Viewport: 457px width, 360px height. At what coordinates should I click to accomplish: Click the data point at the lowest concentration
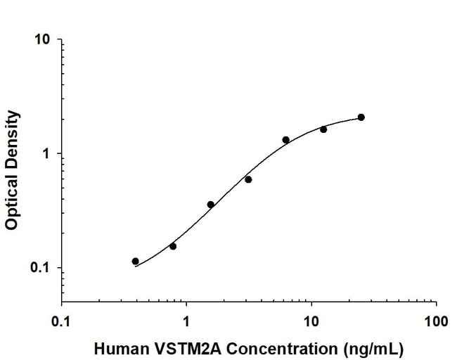[x=135, y=261]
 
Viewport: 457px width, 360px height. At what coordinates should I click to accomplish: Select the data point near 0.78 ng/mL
[x=173, y=246]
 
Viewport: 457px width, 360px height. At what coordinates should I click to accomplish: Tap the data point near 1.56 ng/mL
[x=210, y=205]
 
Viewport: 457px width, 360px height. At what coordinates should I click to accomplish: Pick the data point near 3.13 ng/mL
[x=248, y=179]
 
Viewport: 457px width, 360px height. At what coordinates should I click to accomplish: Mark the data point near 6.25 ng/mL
[x=285, y=140]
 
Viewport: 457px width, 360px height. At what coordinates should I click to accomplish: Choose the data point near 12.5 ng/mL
[x=323, y=129]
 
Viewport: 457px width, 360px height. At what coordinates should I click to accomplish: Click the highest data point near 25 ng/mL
[x=361, y=117]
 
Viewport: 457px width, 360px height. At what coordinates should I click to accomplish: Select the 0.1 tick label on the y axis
[x=41, y=269]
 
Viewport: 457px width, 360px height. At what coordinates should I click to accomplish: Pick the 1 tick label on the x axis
[x=186, y=323]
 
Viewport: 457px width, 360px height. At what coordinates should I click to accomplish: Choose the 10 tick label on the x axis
[x=311, y=323]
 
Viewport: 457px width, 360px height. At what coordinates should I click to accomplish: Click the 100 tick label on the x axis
[x=436, y=323]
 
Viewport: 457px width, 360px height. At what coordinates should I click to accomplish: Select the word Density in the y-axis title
[x=12, y=136]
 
